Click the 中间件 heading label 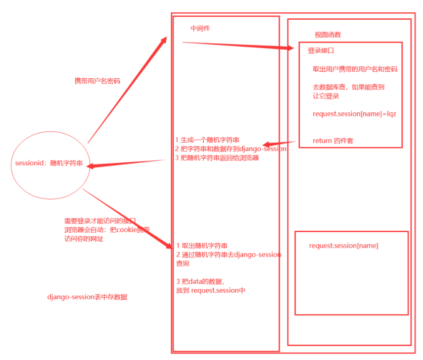pyautogui.click(x=200, y=28)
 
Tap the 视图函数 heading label pyautogui.click(x=328, y=35)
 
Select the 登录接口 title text pyautogui.click(x=322, y=51)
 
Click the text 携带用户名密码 pyautogui.click(x=97, y=81)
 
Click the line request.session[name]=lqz pyautogui.click(x=354, y=114)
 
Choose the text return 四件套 pyautogui.click(x=333, y=141)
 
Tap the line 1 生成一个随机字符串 pyautogui.click(x=210, y=139)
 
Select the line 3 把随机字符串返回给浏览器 pyautogui.click(x=217, y=158)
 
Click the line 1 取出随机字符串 pyautogui.click(x=202, y=246)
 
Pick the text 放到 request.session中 pyautogui.click(x=210, y=290)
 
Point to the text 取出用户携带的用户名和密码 pyautogui.click(x=355, y=69)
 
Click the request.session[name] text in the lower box pyautogui.click(x=344, y=245)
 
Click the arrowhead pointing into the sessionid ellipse pyautogui.click(x=92, y=167)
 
